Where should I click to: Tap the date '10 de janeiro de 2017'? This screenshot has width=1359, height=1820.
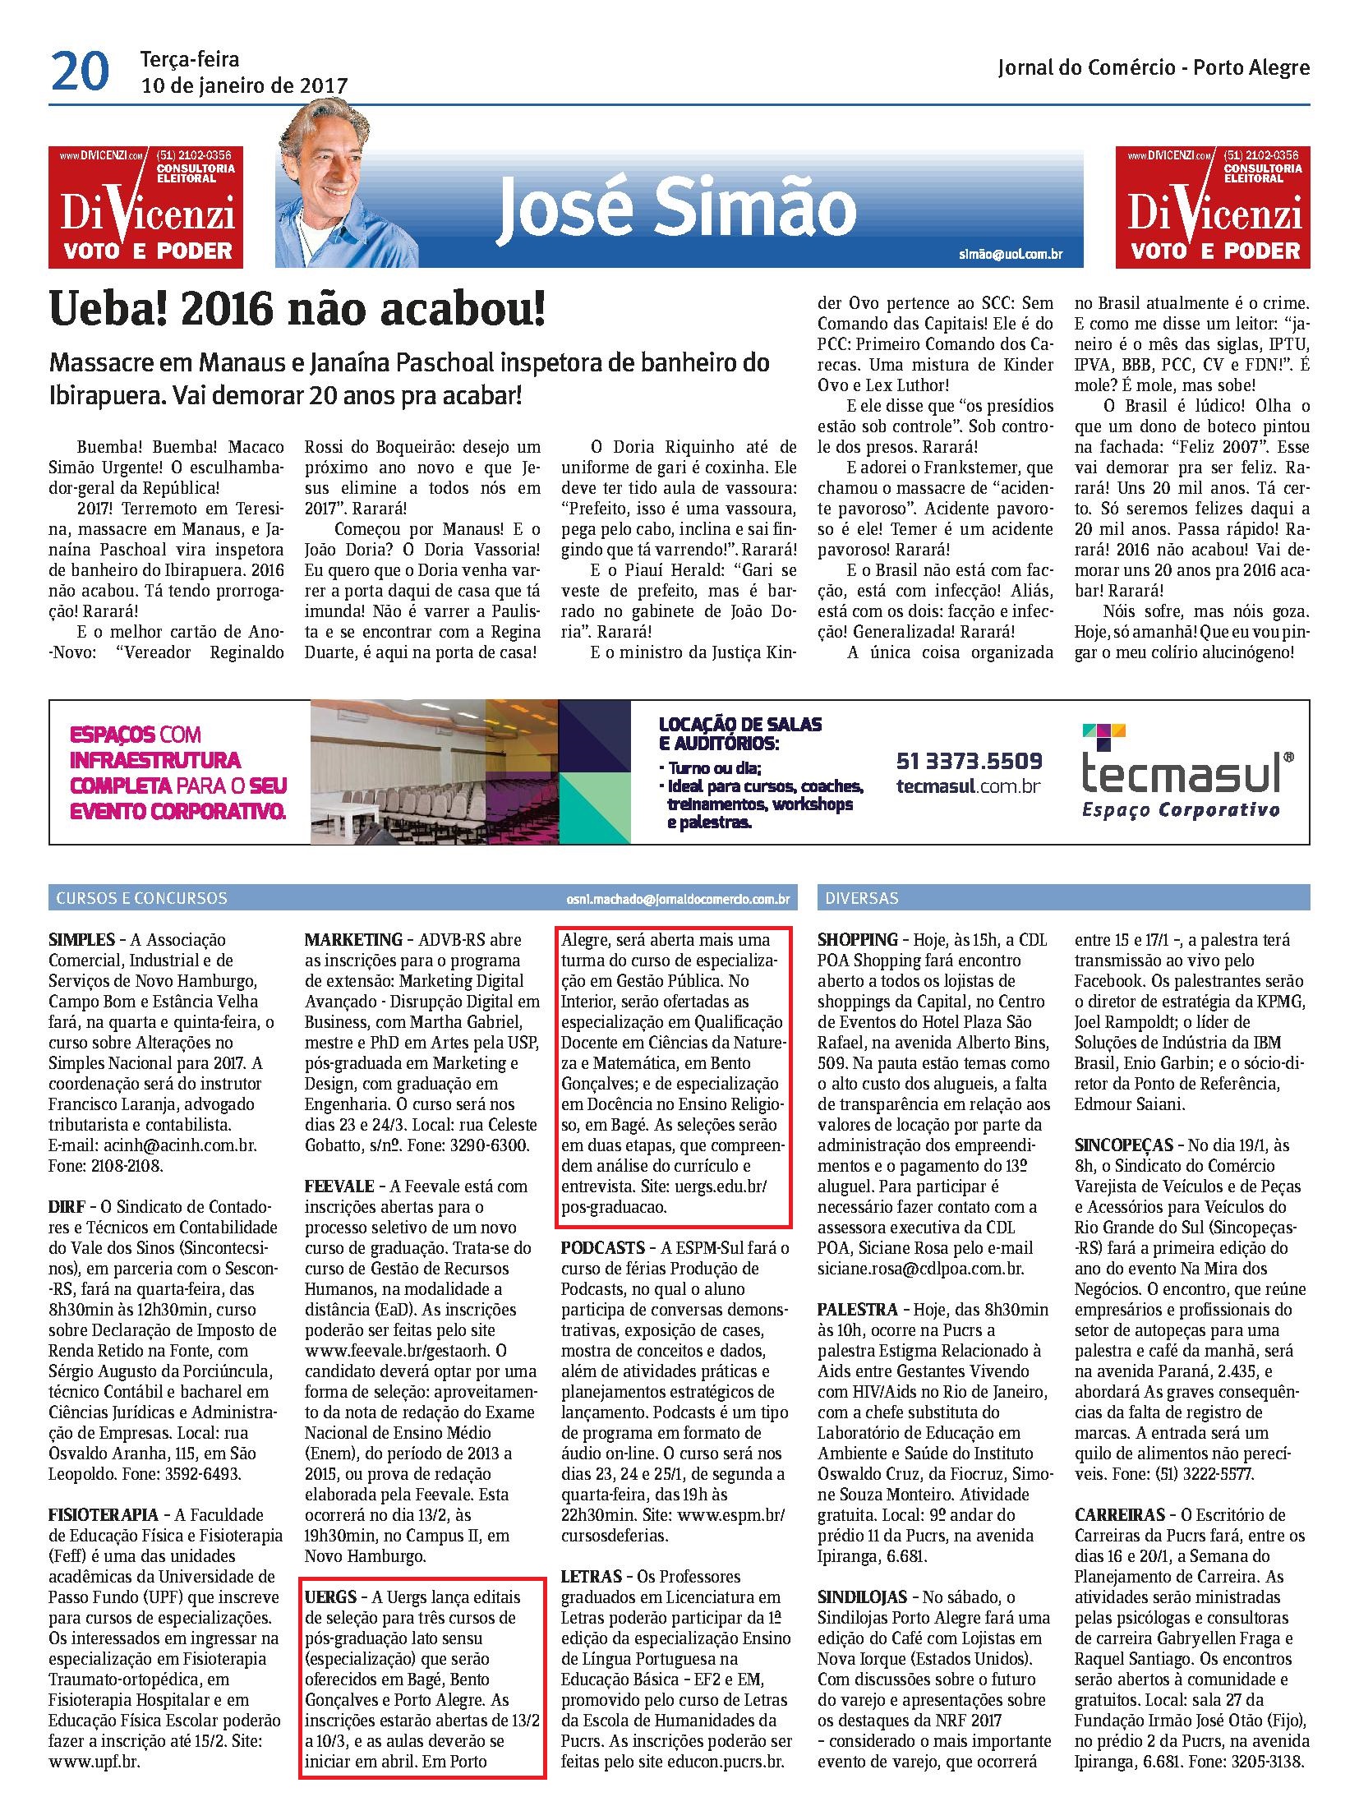tap(244, 85)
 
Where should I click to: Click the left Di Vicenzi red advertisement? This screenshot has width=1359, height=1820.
tap(145, 207)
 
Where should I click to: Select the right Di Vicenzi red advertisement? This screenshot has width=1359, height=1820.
tap(1213, 207)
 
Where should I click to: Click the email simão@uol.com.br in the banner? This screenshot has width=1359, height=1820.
tap(1010, 254)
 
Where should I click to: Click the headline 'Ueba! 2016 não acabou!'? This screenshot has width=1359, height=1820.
tap(297, 311)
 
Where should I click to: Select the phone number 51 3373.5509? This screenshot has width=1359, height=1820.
tap(969, 760)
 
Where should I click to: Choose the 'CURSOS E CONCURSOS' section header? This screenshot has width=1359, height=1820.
tap(141, 898)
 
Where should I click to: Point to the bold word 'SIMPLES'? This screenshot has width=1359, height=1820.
tap(81, 940)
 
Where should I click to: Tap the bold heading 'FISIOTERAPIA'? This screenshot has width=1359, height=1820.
tap(104, 1514)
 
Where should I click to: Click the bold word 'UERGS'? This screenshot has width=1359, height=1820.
tap(329, 1597)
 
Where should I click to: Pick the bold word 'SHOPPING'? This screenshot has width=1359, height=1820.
tap(857, 940)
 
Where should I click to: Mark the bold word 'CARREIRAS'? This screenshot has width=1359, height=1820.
tap(1120, 1514)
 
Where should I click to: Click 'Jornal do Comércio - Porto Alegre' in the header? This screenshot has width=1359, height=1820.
tap(1154, 68)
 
